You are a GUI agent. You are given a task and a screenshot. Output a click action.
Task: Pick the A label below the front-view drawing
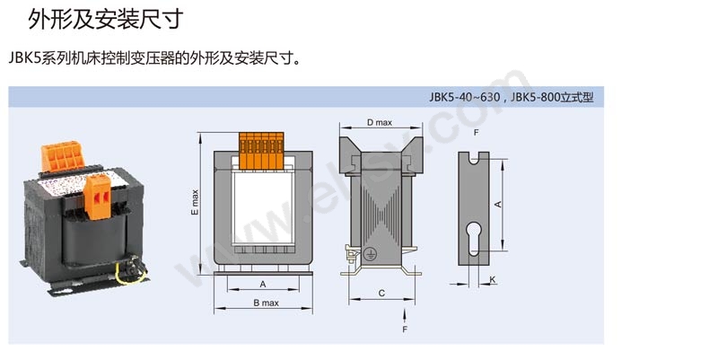coord(262,284)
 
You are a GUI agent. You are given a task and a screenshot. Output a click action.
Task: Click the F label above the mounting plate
coord(476,133)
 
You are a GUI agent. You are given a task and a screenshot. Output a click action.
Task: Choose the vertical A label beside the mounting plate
coord(498,205)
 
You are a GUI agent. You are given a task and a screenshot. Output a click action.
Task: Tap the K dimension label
coord(493,280)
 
